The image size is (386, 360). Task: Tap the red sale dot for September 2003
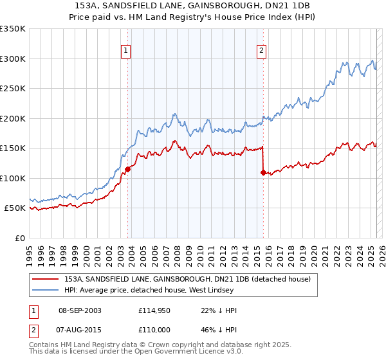tap(127, 169)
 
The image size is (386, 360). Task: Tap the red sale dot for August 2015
tap(263, 172)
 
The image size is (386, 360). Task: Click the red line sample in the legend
tap(45, 279)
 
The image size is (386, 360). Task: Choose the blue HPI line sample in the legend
tap(45, 290)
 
